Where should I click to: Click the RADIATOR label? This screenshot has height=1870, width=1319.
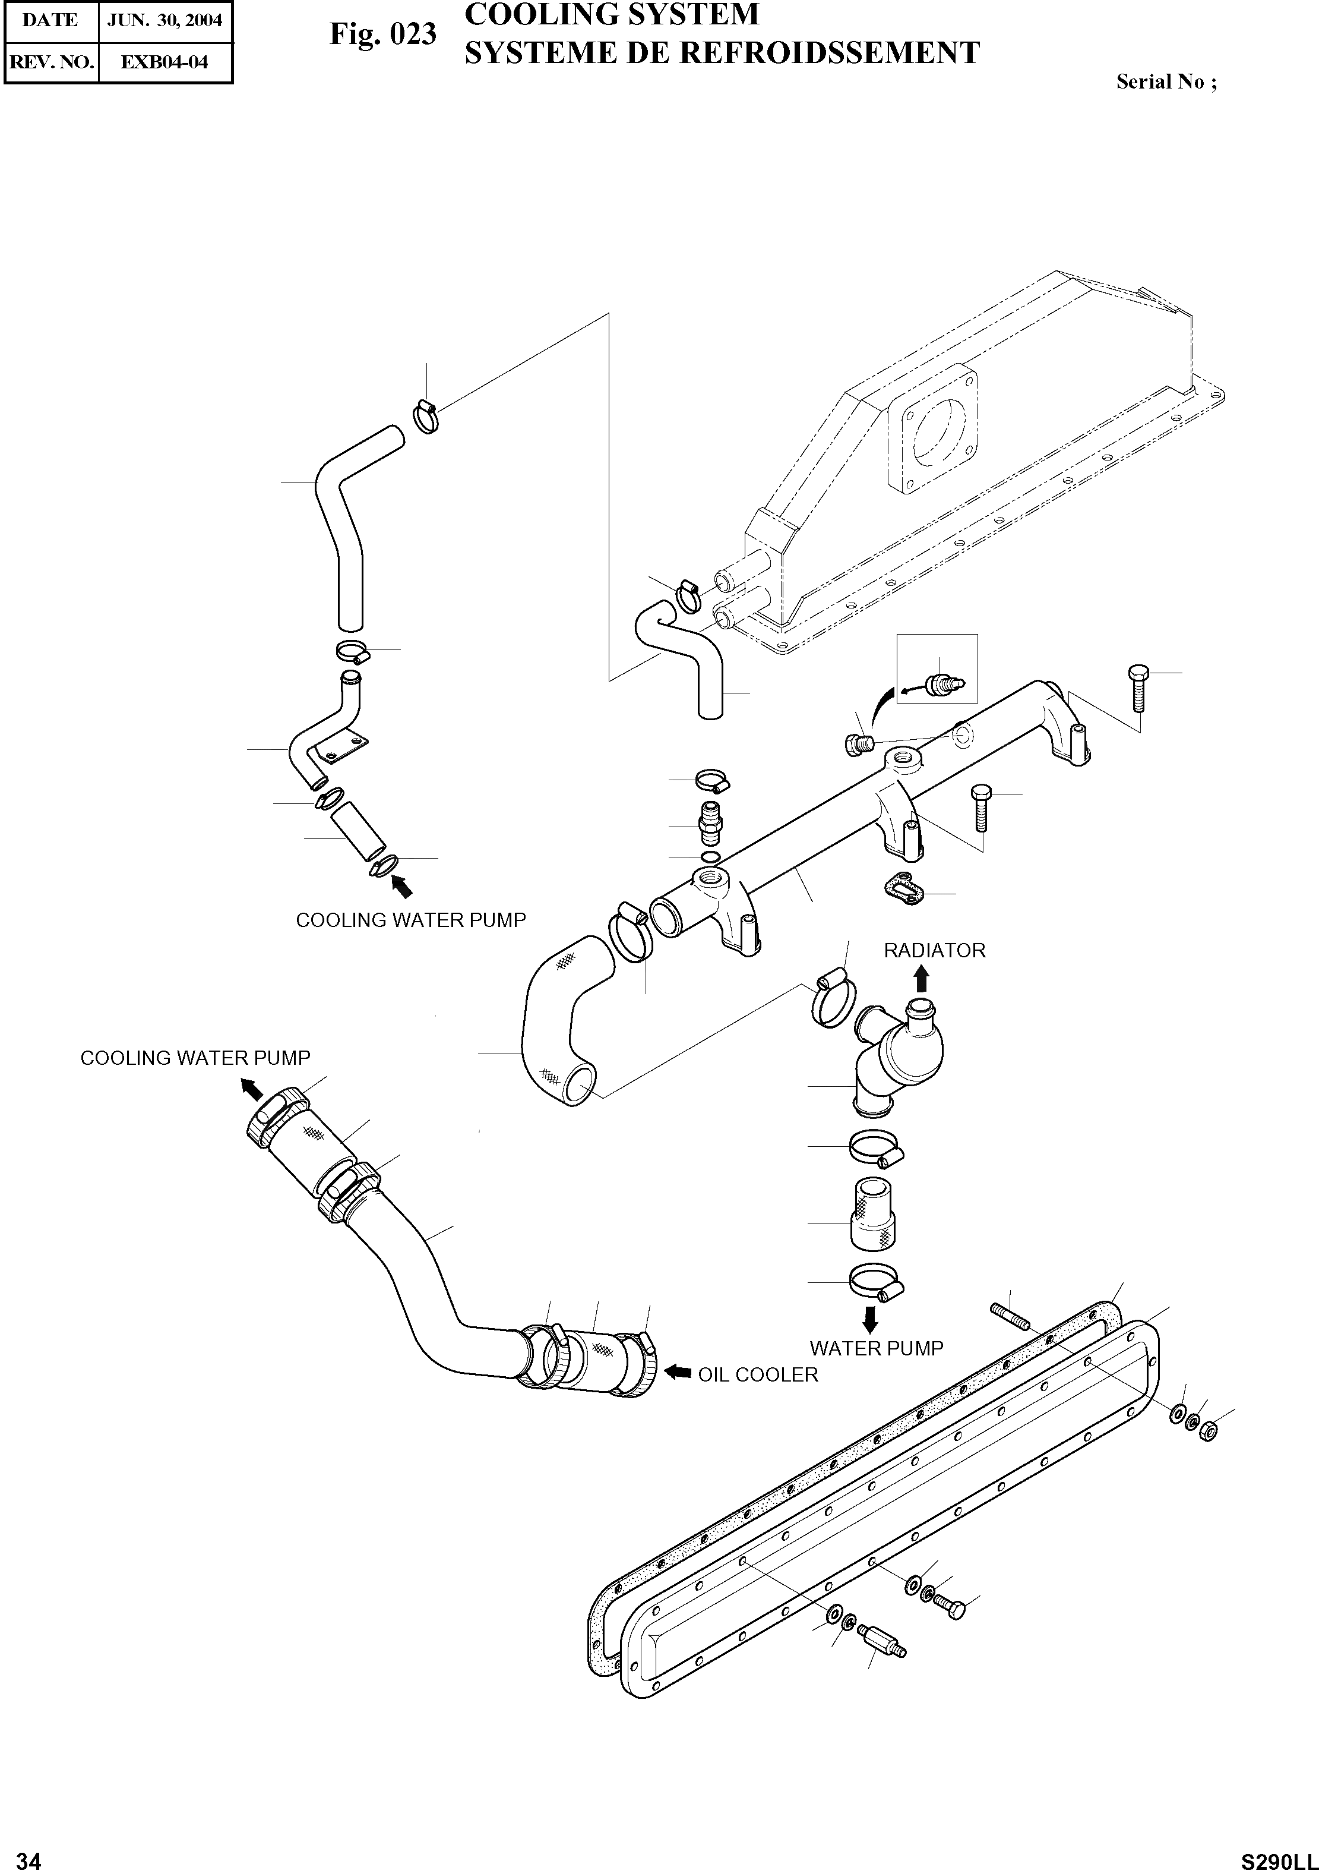click(934, 951)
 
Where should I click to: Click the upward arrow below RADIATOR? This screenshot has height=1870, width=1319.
click(921, 978)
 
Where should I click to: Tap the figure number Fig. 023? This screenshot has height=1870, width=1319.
click(382, 35)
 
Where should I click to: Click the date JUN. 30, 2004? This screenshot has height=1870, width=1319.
click(165, 20)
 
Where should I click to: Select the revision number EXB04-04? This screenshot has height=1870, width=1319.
click(165, 62)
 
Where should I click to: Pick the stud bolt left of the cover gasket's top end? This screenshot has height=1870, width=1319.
click(1009, 1313)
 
